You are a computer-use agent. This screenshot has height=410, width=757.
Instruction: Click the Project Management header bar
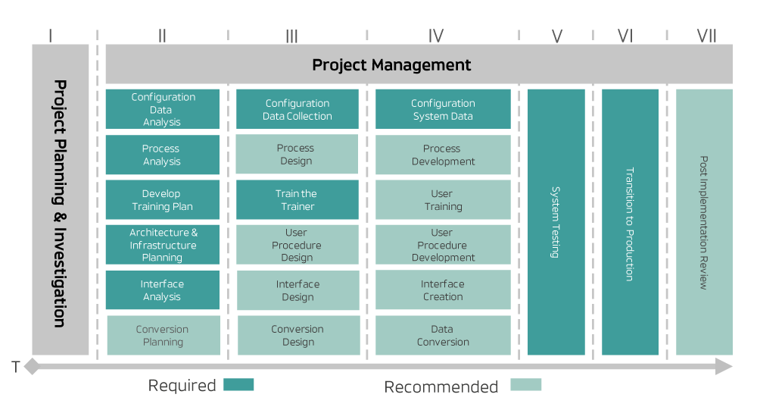[419, 64]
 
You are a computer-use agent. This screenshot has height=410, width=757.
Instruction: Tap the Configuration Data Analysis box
[162, 109]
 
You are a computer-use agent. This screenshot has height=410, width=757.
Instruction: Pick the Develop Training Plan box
[162, 200]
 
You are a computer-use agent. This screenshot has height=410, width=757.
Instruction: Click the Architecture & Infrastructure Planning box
[162, 245]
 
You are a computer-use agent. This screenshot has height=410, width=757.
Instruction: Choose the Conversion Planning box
[163, 336]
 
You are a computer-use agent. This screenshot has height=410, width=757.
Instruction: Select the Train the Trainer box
[297, 200]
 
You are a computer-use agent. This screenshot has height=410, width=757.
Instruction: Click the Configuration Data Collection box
[297, 109]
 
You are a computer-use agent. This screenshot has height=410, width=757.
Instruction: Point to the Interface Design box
[297, 290]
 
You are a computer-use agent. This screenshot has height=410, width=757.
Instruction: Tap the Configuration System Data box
[443, 109]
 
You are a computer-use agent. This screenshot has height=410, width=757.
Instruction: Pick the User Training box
[443, 200]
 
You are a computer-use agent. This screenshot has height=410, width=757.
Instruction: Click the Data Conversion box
[443, 336]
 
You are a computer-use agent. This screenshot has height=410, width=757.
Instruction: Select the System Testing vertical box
[556, 222]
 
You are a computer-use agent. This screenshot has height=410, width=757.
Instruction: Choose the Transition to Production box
[630, 222]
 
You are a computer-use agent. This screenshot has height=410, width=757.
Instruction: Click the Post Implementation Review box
[704, 222]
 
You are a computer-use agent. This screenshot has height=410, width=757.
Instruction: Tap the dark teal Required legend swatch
[239, 385]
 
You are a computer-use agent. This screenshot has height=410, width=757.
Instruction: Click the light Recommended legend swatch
[526, 385]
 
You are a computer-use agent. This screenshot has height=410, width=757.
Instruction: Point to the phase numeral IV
[436, 35]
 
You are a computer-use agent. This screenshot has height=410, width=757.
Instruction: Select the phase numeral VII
[706, 35]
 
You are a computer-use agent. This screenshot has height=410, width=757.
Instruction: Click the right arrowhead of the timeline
[724, 368]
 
